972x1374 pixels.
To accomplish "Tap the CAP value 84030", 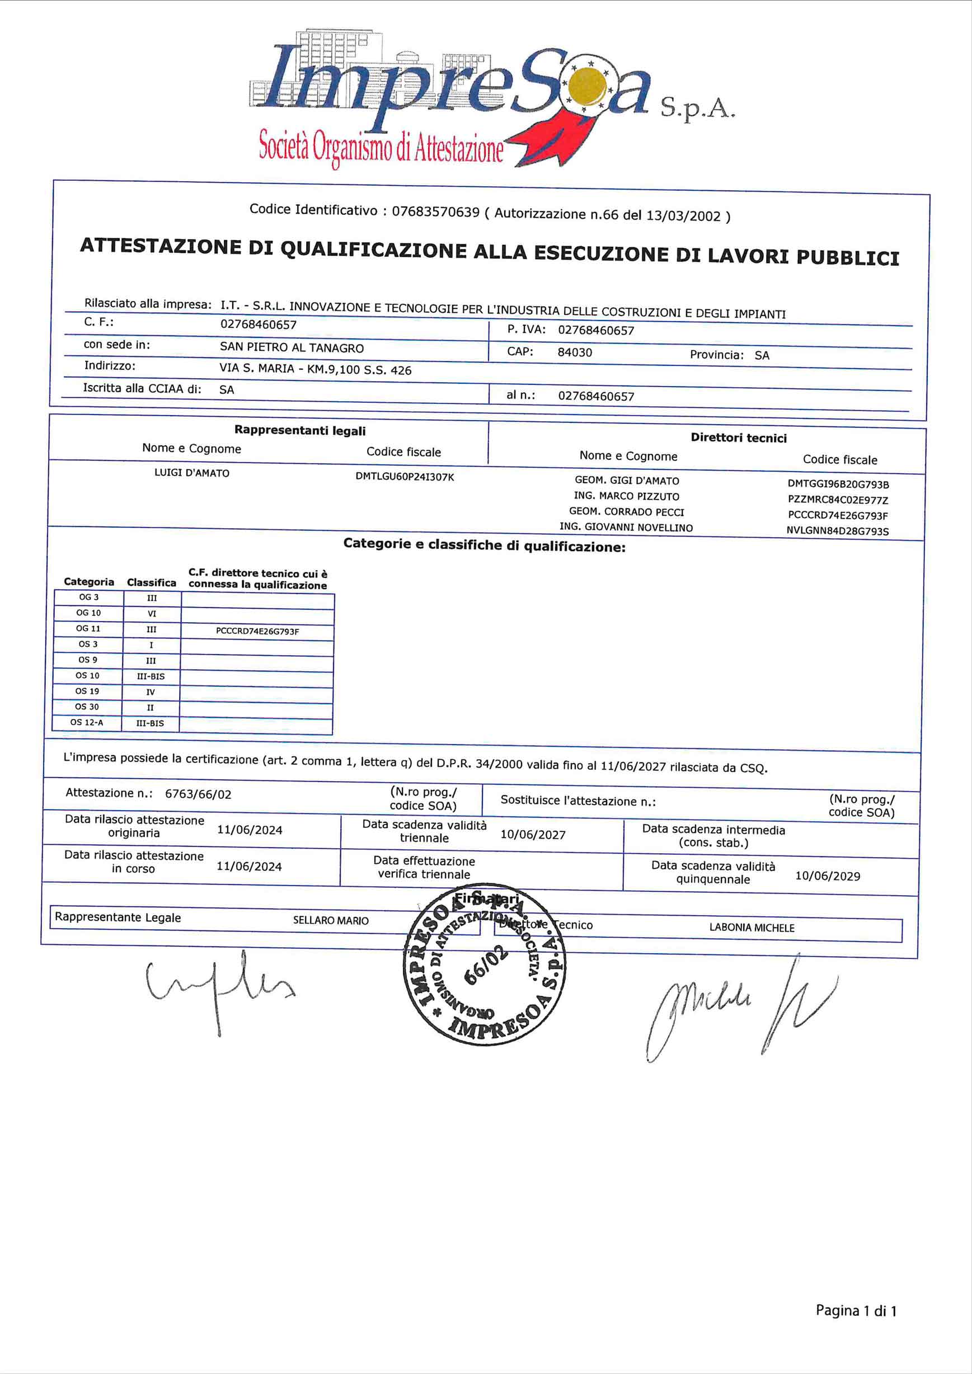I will [575, 352].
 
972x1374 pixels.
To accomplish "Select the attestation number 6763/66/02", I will [198, 794].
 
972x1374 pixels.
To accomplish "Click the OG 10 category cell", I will [88, 613].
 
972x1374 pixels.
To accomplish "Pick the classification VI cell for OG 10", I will [152, 614].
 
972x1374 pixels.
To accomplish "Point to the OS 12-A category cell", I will [87, 722].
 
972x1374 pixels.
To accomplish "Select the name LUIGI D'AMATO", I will [191, 473].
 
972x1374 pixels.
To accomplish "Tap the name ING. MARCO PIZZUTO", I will [627, 496].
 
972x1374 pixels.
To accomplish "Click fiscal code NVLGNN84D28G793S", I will [837, 531].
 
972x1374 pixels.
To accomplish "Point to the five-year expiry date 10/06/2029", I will [828, 876].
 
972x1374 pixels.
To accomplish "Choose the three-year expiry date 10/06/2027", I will [533, 835].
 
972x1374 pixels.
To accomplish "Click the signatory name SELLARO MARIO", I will [330, 920].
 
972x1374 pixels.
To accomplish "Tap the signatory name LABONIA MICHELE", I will [752, 928].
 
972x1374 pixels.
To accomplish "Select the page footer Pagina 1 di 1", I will [856, 1311].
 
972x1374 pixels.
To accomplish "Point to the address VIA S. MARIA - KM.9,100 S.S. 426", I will [316, 369].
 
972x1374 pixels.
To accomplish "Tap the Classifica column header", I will [152, 582].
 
